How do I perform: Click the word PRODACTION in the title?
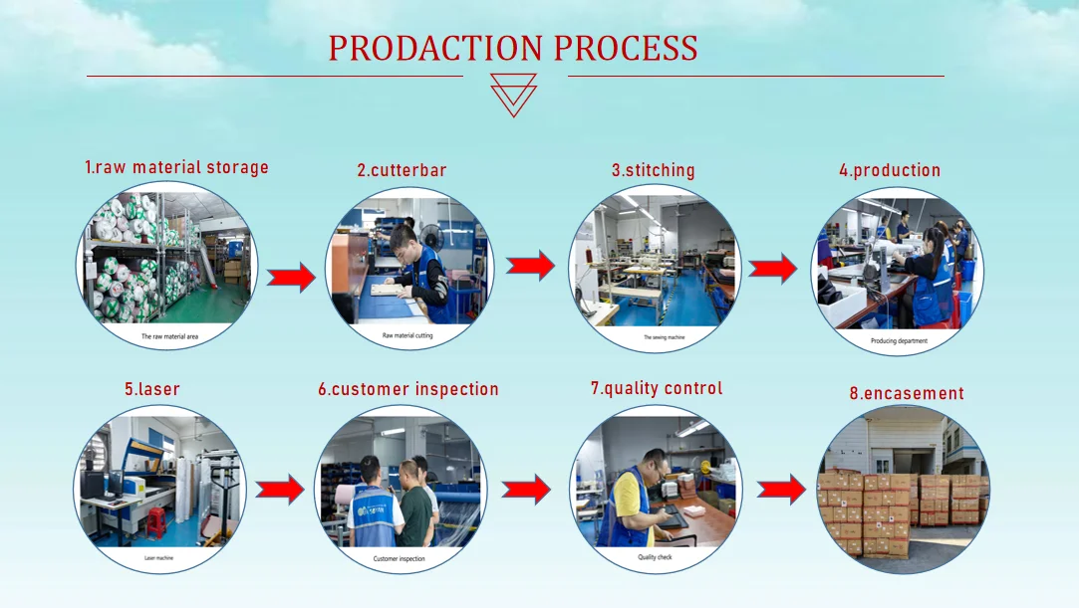(435, 48)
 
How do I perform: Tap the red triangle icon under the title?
(514, 96)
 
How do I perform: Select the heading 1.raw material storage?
(176, 167)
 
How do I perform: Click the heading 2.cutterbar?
(403, 170)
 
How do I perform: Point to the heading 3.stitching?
(654, 170)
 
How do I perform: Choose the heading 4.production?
(890, 170)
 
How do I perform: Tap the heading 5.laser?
(152, 389)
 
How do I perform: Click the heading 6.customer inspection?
(408, 389)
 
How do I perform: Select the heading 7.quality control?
(657, 388)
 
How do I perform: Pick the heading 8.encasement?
(907, 393)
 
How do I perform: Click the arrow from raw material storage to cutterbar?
(292, 277)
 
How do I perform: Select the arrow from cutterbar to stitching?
(530, 265)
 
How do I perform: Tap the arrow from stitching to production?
(773, 269)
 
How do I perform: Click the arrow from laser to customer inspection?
(280, 489)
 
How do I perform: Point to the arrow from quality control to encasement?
(781, 489)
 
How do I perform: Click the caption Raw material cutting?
(407, 335)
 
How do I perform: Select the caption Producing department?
(899, 340)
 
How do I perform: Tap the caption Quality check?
(656, 557)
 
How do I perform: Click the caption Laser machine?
(159, 557)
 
